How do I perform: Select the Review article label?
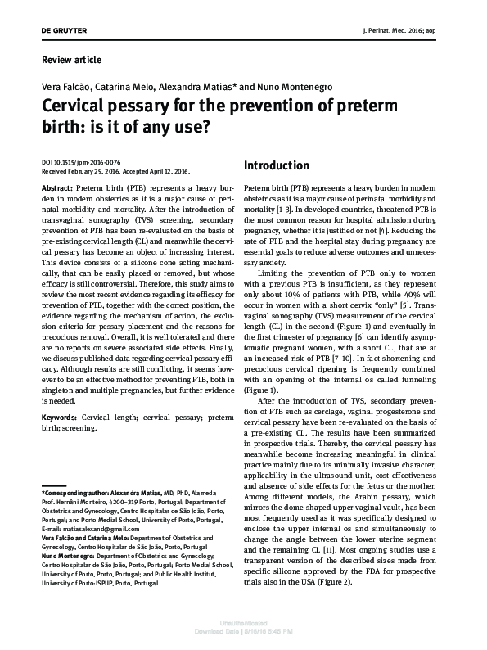pyautogui.click(x=71, y=60)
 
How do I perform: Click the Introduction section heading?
pyautogui.click(x=277, y=165)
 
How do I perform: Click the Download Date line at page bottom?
pyautogui.click(x=243, y=633)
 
